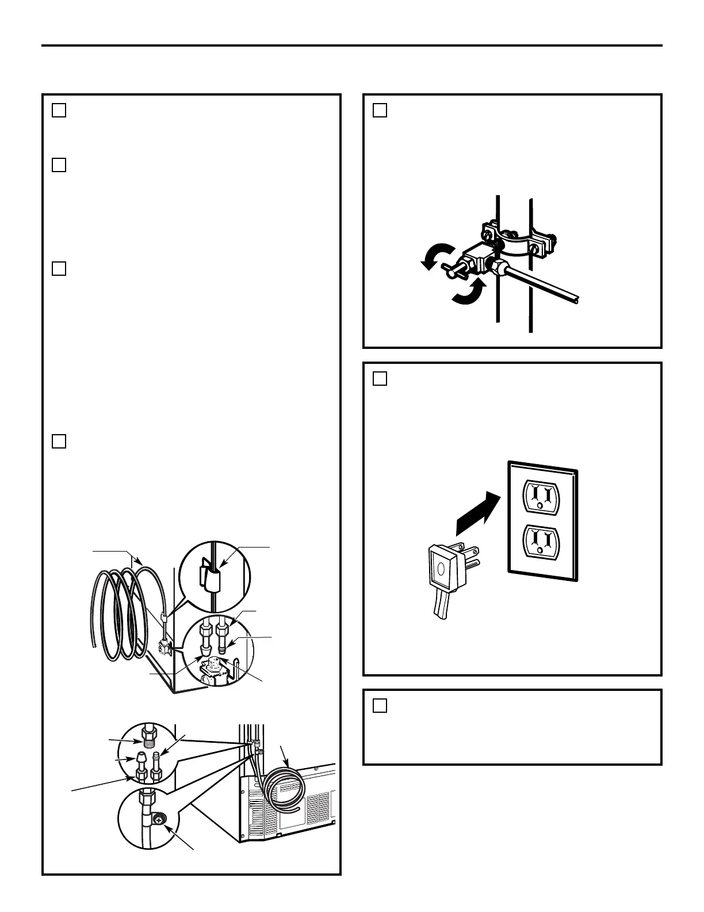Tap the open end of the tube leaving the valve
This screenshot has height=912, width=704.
pos(577,299)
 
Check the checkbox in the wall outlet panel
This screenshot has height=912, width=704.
pos(380,378)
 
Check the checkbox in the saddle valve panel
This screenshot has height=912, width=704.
pos(380,110)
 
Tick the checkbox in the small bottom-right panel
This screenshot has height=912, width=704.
pos(380,705)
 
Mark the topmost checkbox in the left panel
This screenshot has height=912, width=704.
pos(59,110)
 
